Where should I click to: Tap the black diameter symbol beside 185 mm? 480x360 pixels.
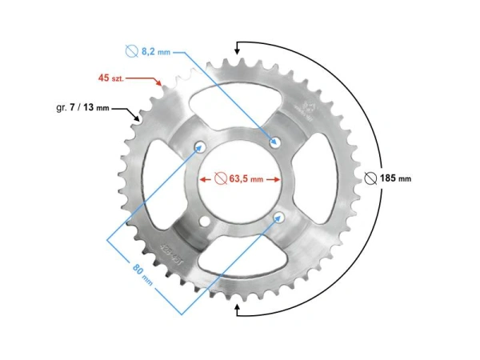370,178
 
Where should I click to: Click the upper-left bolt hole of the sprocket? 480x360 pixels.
200,146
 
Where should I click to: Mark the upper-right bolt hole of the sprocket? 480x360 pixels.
276,142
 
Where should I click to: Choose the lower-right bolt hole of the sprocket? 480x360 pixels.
280,217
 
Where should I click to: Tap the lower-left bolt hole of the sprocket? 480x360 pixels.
205,222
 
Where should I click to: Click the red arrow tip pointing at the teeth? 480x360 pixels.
162,83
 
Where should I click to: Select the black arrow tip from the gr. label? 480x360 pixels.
138,119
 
